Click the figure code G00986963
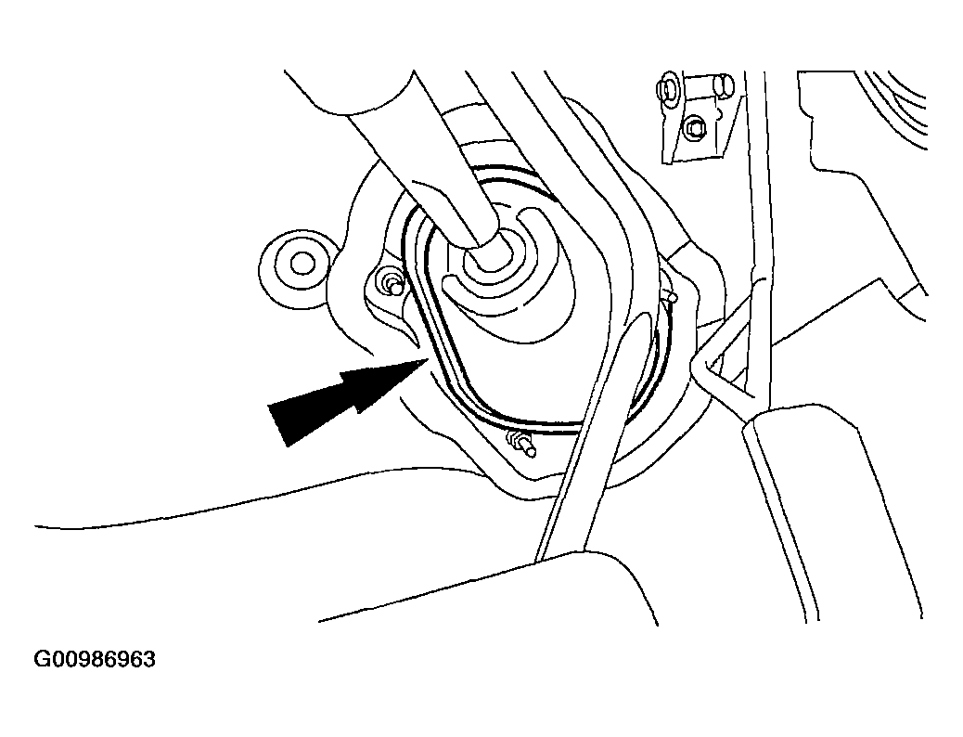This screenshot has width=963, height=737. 95,660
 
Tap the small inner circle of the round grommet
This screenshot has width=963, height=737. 301,264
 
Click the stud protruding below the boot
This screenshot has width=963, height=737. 520,445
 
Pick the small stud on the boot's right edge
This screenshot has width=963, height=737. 672,298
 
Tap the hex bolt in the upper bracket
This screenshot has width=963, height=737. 695,127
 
